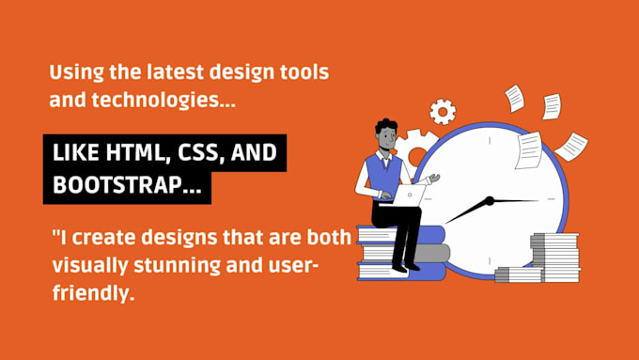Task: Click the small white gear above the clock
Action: click(442, 111)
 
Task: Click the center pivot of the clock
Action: click(489, 201)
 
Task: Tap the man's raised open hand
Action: click(431, 179)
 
